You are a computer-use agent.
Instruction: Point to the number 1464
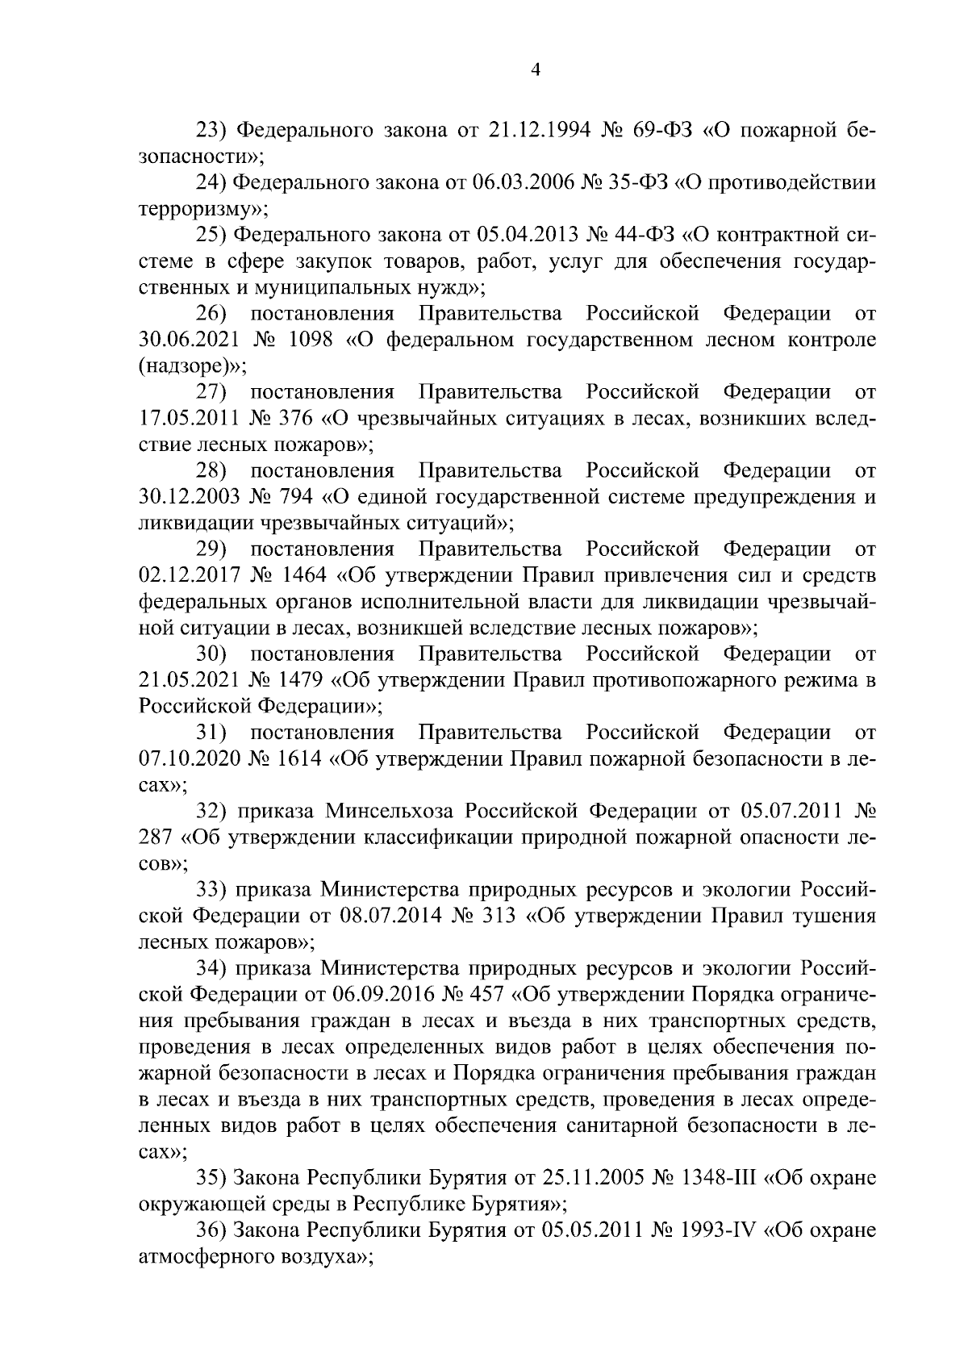(301, 576)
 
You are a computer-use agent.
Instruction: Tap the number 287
(156, 837)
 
